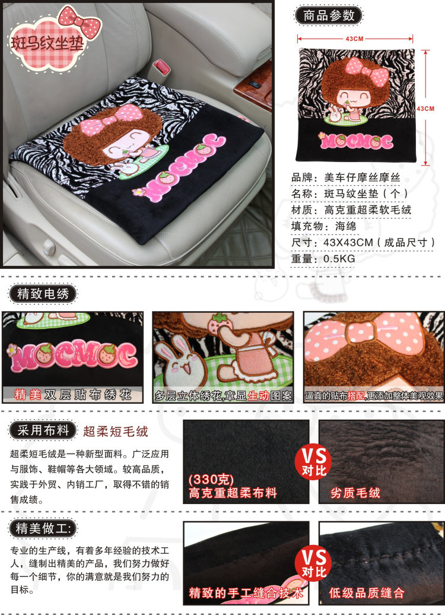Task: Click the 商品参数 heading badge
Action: pyautogui.click(x=329, y=15)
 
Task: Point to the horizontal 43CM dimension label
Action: pyautogui.click(x=354, y=39)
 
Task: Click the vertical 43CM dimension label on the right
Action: pyautogui.click(x=425, y=109)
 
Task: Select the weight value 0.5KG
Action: pyautogui.click(x=339, y=259)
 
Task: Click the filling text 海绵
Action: pyautogui.click(x=345, y=226)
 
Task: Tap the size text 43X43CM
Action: pyautogui.click(x=348, y=242)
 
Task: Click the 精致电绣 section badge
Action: pyautogui.click(x=43, y=294)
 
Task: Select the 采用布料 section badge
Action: pyautogui.click(x=43, y=430)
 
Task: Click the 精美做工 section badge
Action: pyautogui.click(x=43, y=528)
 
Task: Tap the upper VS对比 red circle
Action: pyautogui.click(x=314, y=462)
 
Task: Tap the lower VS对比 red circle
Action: pyautogui.click(x=314, y=563)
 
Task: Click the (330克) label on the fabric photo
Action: pyautogui.click(x=211, y=479)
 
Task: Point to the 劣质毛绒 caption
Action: pyautogui.click(x=355, y=493)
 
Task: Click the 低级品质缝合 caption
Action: pyautogui.click(x=367, y=592)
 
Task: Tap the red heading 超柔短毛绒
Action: pyautogui.click(x=116, y=432)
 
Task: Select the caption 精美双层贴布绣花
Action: pyautogui.click(x=72, y=394)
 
